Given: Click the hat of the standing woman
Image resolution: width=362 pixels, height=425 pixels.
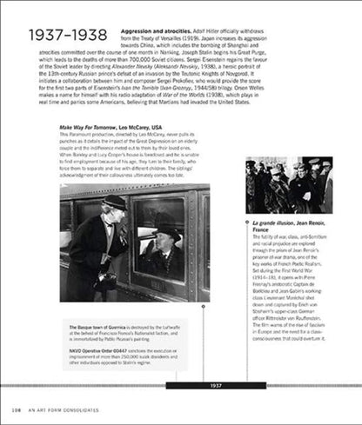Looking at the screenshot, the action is [x=111, y=203].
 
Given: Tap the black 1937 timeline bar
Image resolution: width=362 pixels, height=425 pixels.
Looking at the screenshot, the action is [x=217, y=385].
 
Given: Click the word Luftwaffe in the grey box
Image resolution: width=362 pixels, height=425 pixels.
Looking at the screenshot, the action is [x=187, y=326].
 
